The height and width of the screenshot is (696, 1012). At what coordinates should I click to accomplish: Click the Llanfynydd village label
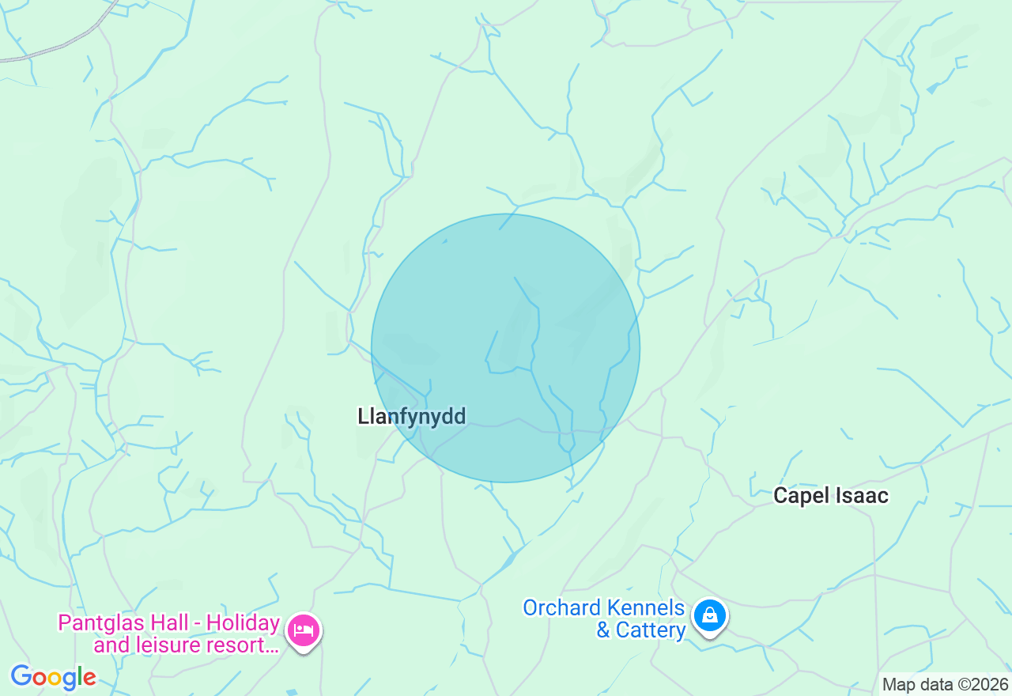pos(411,416)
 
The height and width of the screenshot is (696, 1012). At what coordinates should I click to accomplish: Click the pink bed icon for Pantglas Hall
pos(304,630)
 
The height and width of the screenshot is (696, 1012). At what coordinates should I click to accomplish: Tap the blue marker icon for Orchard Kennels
pos(710,615)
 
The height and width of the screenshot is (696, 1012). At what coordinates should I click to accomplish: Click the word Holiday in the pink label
pos(243,623)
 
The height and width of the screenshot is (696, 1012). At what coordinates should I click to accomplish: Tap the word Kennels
pos(644,608)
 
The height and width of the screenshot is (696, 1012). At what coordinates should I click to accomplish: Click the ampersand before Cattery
pos(603,630)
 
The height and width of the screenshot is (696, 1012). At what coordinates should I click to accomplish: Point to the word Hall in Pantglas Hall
pos(169,623)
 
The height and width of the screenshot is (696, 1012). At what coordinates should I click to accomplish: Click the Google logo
pos(53,677)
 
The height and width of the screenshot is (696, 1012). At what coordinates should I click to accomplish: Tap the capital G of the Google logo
pos(21,677)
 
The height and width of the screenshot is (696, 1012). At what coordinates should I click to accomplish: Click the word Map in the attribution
pos(898,684)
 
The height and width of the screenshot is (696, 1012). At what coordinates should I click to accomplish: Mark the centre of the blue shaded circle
pos(505,348)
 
